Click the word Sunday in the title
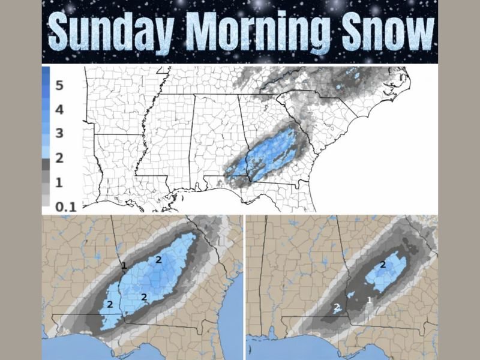[x=114, y=31]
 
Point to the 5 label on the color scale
[x=59, y=85]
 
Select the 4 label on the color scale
[x=59, y=110]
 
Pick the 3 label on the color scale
[x=59, y=133]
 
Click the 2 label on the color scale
[x=59, y=158]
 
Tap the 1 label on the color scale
[x=59, y=182]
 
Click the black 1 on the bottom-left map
[x=124, y=265]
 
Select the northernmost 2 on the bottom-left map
[x=158, y=259]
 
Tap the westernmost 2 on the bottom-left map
[x=110, y=304]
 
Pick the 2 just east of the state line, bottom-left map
[x=144, y=296]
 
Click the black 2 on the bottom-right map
[x=383, y=265]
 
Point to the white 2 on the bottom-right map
[x=337, y=307]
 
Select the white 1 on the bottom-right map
[x=369, y=299]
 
